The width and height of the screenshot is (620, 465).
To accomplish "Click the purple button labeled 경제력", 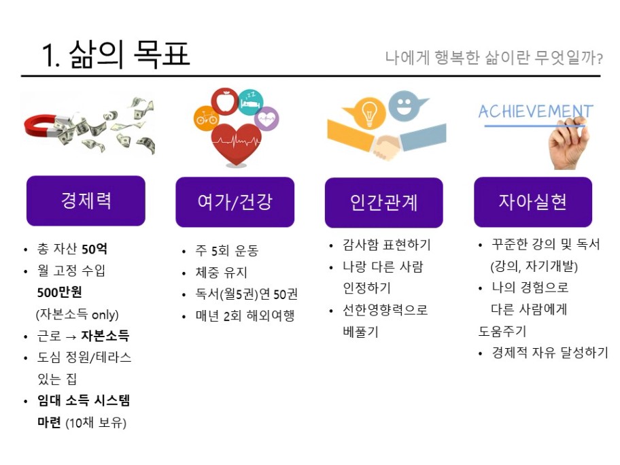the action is click(x=86, y=201).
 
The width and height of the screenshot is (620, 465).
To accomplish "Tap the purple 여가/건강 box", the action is click(x=235, y=202).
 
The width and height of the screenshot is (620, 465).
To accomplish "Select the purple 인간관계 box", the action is click(x=384, y=203).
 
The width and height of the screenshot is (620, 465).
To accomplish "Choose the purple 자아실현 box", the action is click(x=533, y=202).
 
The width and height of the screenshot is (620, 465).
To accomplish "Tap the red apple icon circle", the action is click(x=224, y=101).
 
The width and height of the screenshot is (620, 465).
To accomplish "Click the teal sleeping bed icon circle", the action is click(x=251, y=102).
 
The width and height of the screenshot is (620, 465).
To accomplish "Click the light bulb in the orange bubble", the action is click(x=368, y=113).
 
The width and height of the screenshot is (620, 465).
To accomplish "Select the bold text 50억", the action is click(x=94, y=249).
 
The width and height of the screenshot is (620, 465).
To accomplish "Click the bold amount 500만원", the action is click(x=59, y=292).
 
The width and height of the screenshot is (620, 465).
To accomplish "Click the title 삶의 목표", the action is click(x=129, y=54).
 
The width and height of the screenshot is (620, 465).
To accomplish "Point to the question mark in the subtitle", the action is click(x=600, y=59).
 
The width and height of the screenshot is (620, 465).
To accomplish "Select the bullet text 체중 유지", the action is click(x=222, y=272).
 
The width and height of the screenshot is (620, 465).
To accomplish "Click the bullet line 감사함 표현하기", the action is click(x=386, y=245).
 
